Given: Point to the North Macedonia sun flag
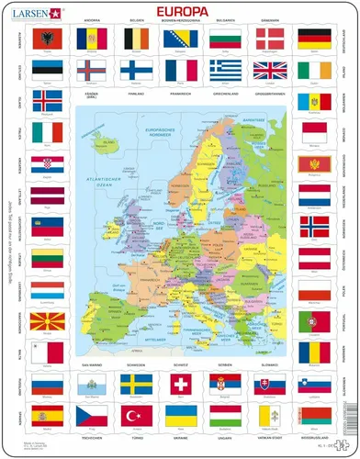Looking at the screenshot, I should (x=46, y=321).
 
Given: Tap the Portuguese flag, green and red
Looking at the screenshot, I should (x=314, y=321).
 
